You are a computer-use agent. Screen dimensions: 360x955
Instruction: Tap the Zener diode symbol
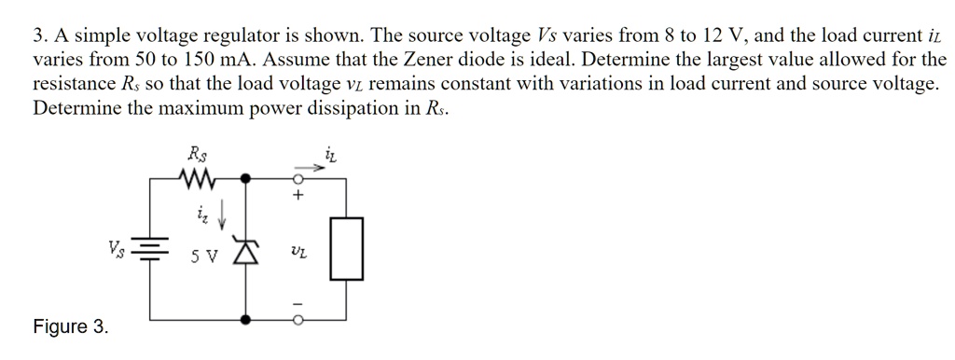point(245,252)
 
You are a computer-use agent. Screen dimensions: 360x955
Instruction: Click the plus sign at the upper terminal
point(298,197)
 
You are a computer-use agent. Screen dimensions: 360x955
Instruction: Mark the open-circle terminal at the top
point(298,175)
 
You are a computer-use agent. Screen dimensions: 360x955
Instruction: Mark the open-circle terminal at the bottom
point(298,320)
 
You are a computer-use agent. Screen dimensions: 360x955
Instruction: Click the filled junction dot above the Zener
point(245,175)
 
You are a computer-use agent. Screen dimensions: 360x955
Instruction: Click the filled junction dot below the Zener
point(245,320)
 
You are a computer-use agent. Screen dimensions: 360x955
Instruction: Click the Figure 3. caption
point(70,326)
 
